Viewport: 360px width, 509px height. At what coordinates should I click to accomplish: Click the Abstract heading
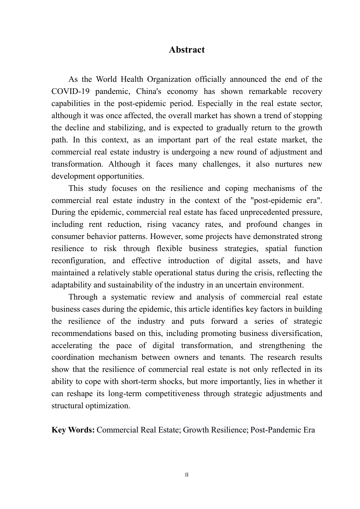coord(186,50)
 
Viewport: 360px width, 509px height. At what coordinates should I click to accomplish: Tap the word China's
coord(149,92)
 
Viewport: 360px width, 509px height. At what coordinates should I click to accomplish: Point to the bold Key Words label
coord(73,430)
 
